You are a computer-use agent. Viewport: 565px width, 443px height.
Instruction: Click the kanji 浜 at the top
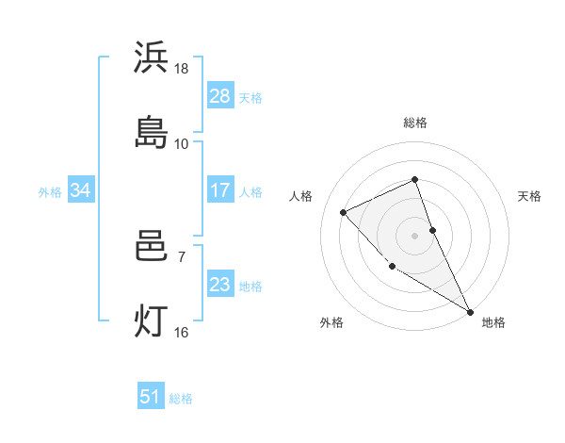click(151, 58)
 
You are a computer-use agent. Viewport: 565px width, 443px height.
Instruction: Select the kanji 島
click(151, 133)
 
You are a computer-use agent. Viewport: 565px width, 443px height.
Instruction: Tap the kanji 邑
click(151, 247)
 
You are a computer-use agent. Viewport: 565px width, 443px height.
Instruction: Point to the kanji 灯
click(151, 321)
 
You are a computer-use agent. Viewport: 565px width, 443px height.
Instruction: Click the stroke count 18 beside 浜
click(182, 69)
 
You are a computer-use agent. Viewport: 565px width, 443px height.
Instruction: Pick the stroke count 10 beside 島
click(182, 143)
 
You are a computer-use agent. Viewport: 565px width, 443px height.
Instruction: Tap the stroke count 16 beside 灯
click(182, 332)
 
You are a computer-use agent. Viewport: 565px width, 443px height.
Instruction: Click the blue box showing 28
click(219, 95)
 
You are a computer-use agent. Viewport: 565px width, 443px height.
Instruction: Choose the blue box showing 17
click(219, 190)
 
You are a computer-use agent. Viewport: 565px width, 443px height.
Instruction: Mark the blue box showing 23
click(219, 285)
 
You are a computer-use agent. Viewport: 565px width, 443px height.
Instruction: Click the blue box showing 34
click(80, 190)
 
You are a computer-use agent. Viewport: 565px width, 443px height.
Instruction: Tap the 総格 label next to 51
click(181, 399)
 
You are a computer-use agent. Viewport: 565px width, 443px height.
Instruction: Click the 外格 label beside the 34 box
click(50, 192)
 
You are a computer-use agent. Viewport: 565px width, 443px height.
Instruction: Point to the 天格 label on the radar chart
click(530, 196)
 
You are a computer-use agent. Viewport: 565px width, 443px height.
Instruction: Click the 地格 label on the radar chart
click(493, 322)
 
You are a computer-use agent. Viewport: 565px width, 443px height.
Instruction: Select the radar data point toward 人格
click(344, 212)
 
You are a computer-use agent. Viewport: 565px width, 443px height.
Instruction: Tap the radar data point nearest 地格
click(470, 312)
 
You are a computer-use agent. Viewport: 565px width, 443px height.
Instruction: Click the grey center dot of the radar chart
click(414, 235)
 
